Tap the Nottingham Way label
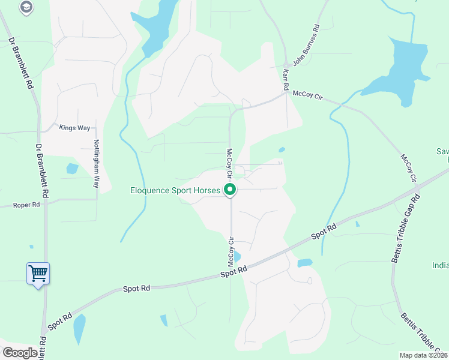(95, 164)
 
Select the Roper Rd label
(26, 205)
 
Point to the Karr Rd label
(286, 79)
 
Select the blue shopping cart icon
(38, 274)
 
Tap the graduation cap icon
(26, 7)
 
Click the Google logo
(20, 353)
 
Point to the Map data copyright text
(424, 355)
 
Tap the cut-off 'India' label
(440, 265)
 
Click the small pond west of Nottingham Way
(72, 169)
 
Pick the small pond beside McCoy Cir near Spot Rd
(237, 257)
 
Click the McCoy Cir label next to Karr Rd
(307, 95)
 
